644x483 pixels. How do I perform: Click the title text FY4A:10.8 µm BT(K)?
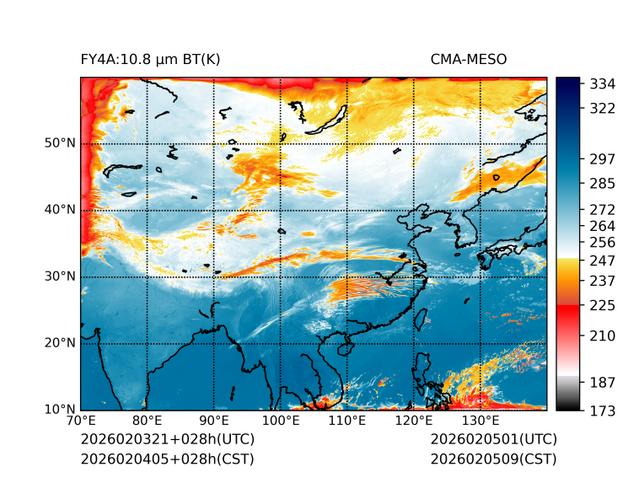[x=150, y=59]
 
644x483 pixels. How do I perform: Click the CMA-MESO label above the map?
[x=468, y=59]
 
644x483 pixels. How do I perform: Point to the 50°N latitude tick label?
[x=60, y=143]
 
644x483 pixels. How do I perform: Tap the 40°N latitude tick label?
[x=60, y=210]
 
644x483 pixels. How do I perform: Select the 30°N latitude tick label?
[x=60, y=276]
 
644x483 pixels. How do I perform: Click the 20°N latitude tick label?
[x=60, y=343]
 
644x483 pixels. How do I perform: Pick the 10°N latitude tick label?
[x=60, y=410]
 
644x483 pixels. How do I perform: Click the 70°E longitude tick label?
[x=81, y=421]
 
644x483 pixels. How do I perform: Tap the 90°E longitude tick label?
[x=214, y=421]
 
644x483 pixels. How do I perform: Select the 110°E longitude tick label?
[x=346, y=421]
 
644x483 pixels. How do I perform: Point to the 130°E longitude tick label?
[x=480, y=421]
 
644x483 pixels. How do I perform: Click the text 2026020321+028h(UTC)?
[x=167, y=440]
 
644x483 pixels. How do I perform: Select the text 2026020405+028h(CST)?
[x=167, y=459]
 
